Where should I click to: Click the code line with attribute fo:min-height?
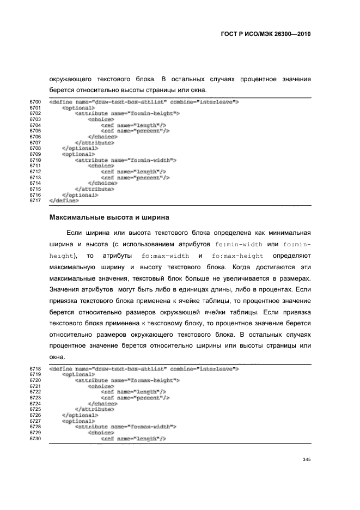click(x=127, y=113)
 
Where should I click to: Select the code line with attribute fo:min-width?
click(x=126, y=160)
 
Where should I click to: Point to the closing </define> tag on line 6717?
click(x=64, y=201)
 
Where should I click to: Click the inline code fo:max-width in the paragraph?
click(x=165, y=256)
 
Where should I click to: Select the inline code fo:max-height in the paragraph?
click(x=237, y=256)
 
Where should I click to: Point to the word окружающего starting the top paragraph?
click(x=70, y=79)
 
